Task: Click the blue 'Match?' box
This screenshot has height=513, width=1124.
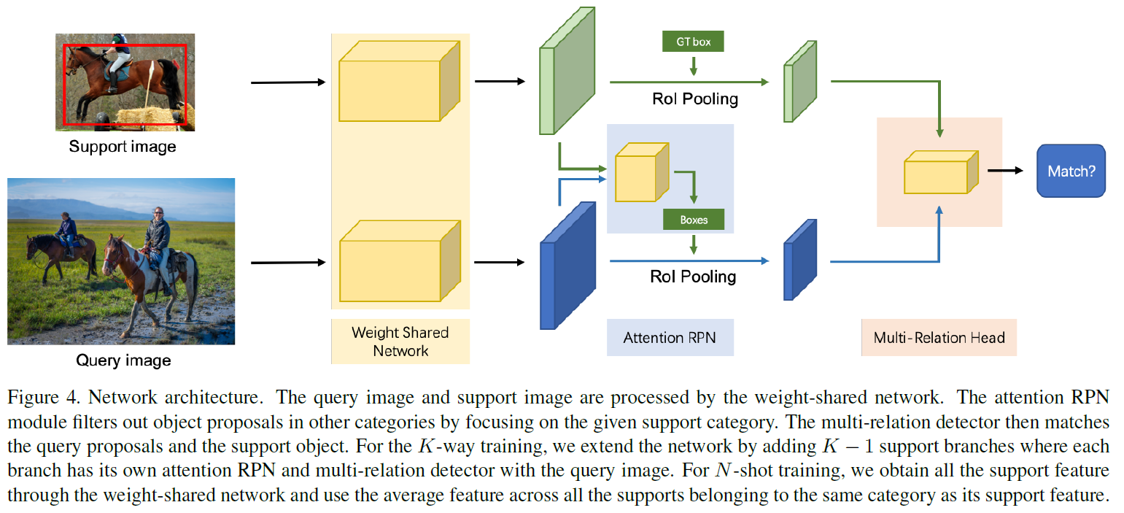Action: pos(1071,171)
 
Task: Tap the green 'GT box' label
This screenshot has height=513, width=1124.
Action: pos(692,42)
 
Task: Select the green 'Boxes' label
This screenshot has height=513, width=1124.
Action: pos(693,220)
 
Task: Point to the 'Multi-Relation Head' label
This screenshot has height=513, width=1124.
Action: pos(939,338)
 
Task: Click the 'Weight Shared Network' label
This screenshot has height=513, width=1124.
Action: pos(400,342)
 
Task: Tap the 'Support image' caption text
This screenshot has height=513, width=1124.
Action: pos(123,147)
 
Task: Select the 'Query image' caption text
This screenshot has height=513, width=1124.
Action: pos(123,360)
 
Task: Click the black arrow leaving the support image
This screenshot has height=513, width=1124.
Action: pos(287,82)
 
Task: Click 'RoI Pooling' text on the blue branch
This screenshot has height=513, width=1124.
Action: pos(693,277)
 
